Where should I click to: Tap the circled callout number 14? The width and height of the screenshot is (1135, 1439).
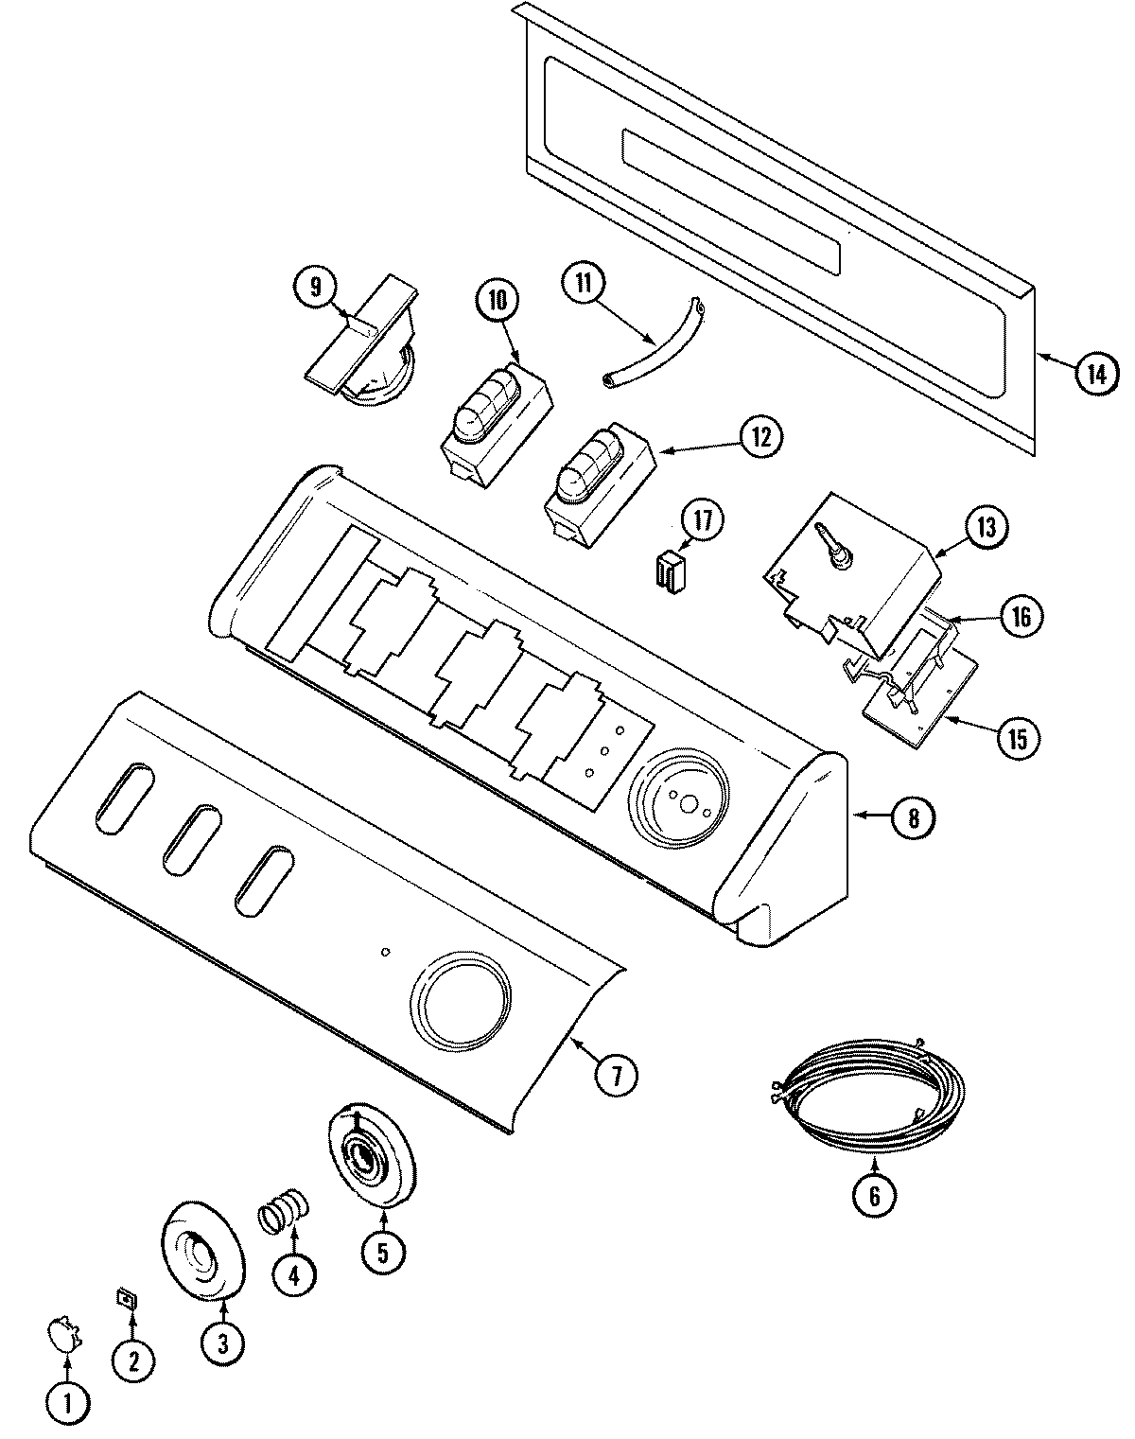point(1095,373)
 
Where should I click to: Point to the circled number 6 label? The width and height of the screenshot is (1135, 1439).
point(873,1196)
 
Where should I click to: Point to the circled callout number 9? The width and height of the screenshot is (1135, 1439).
point(315,283)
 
